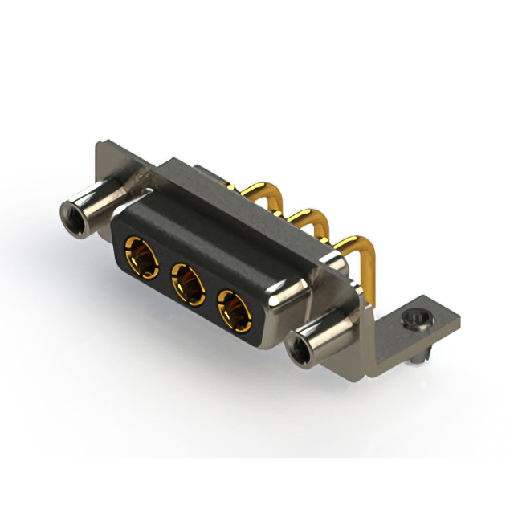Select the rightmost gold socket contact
point(235,308)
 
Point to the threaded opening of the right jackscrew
point(297,350)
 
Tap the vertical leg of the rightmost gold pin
point(373,277)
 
